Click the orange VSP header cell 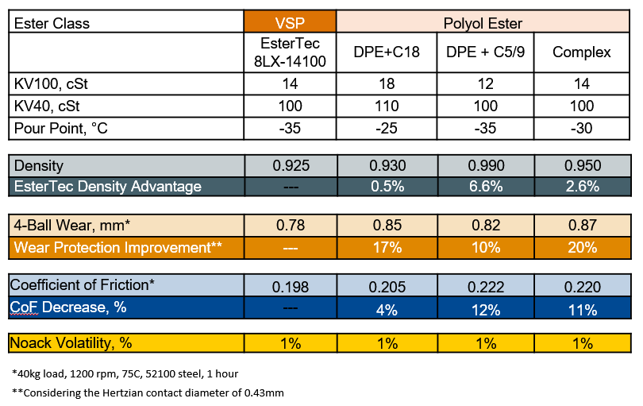click(290, 22)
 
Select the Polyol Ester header click(484, 22)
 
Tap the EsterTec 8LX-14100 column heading click(290, 52)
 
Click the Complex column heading click(582, 52)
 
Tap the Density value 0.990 click(485, 166)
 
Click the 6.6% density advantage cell click(485, 187)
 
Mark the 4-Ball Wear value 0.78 click(290, 226)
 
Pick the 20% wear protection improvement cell click(583, 247)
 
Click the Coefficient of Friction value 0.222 click(485, 286)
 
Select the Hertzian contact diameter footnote click(148, 393)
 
